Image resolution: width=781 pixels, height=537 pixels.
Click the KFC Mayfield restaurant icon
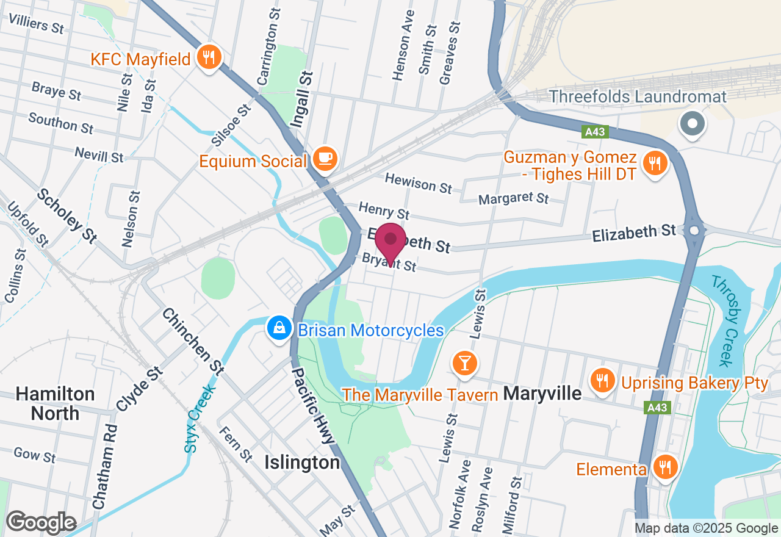tap(209, 58)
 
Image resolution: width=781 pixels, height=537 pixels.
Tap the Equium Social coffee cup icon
tap(325, 159)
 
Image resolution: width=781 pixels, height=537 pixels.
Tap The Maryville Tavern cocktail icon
tap(464, 362)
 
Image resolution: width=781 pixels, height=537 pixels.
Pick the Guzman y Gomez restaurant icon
tap(655, 162)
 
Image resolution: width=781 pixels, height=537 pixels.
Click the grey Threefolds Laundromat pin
tap(693, 124)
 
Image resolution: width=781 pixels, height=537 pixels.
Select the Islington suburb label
tap(302, 463)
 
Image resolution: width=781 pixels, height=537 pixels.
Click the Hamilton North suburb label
tap(55, 403)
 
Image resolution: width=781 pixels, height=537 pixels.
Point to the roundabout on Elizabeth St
tap(694, 231)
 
